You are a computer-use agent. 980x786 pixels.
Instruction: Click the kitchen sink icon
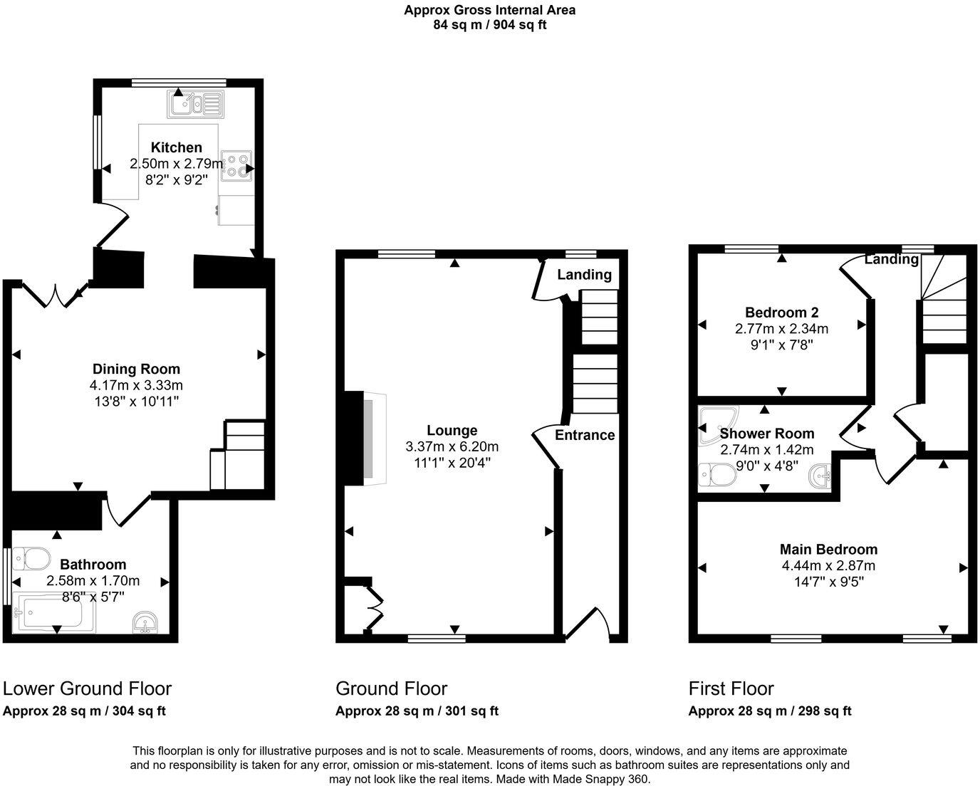pos(196,104)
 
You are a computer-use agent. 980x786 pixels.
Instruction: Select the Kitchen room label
pos(176,147)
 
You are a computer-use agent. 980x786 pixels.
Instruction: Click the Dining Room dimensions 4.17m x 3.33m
pos(136,385)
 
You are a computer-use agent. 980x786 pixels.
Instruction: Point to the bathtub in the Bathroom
pos(53,614)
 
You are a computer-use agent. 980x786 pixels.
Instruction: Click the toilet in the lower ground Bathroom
pos(31,558)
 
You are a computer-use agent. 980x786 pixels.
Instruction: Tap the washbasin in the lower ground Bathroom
pos(147,622)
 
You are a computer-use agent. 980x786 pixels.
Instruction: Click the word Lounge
pos(452,430)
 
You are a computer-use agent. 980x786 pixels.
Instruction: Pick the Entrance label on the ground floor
pos(585,435)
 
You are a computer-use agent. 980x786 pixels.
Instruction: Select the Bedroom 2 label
pos(781,312)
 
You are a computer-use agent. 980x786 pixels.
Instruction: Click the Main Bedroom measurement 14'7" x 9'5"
pos(828,582)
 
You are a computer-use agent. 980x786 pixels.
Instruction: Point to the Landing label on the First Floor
pos(891,259)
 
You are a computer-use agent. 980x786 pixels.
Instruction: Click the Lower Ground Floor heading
pos(87,688)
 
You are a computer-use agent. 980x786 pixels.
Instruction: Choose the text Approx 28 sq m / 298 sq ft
pos(770,711)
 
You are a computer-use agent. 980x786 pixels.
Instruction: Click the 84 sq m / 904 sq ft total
pos(489,25)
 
